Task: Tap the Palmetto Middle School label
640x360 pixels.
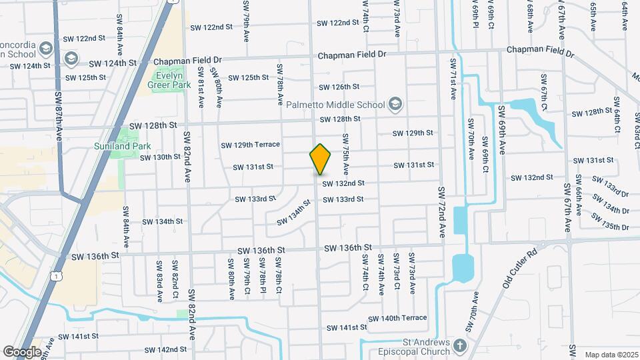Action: [335, 105]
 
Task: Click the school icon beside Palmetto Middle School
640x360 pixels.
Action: [396, 104]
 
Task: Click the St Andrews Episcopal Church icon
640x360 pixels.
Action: [460, 345]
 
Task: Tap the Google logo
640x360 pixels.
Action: [22, 351]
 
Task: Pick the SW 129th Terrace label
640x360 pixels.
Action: [260, 145]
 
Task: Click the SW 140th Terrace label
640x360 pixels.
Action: [397, 318]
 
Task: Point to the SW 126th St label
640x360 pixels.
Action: [339, 87]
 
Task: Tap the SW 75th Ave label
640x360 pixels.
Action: [347, 154]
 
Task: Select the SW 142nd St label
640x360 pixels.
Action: [165, 349]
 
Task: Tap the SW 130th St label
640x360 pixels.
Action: [160, 157]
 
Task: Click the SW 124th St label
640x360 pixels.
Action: [112, 63]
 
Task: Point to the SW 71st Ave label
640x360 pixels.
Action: [453, 79]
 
